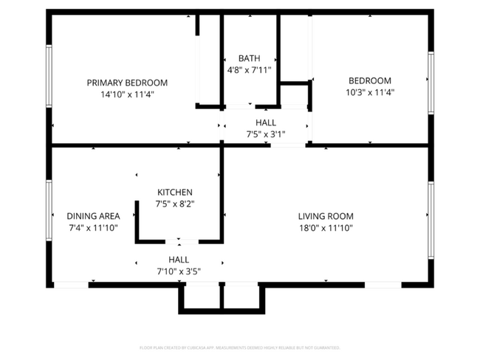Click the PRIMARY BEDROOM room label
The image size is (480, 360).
point(127,83)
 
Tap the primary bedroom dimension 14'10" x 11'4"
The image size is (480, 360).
point(127,94)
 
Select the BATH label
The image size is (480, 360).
point(249,58)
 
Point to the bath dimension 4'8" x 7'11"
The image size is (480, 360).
point(249,70)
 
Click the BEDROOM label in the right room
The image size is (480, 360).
point(370,80)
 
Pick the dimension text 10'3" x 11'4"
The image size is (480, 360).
point(370,92)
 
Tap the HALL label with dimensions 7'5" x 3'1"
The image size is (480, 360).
point(266,122)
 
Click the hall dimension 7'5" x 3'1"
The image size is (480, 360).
point(266,134)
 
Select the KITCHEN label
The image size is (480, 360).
point(174,192)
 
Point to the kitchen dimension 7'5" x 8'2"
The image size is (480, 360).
point(174,204)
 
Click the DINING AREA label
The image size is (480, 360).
point(93,216)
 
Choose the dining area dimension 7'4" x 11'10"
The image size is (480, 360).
point(93,228)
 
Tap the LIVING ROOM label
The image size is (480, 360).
point(326,216)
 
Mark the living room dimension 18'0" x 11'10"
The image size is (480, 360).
point(326,228)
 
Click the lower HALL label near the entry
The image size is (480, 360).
point(179,260)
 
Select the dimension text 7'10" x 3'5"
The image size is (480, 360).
point(179,271)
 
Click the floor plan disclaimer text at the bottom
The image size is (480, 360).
point(240,347)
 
